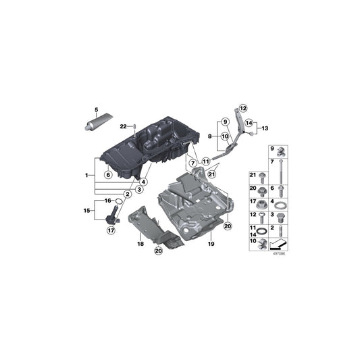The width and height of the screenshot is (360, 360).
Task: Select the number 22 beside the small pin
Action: [124, 126]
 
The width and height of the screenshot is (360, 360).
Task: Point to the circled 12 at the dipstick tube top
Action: [242, 107]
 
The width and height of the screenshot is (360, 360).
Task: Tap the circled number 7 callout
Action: [192, 163]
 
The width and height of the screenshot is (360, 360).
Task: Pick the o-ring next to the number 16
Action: [118, 201]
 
